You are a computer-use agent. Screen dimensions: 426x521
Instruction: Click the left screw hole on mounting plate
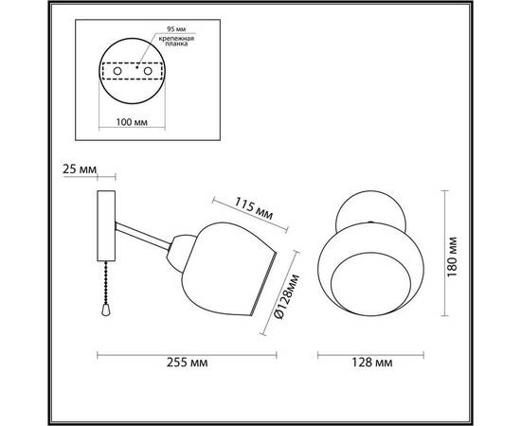(x=117, y=70)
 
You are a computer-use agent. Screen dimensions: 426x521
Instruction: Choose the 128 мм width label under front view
(x=366, y=363)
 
